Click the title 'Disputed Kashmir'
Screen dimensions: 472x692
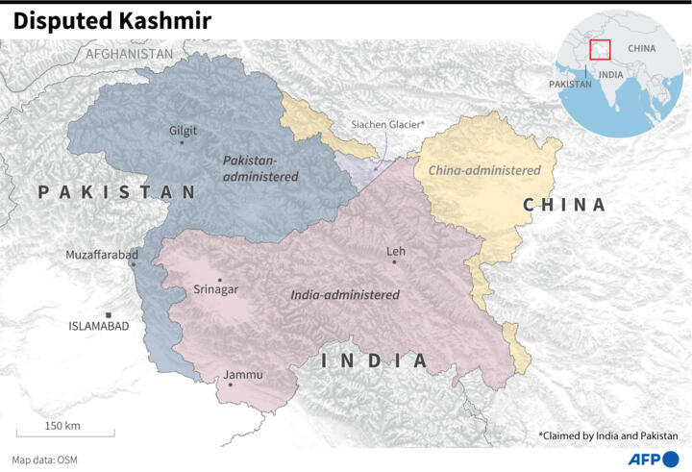pyautogui.click(x=113, y=19)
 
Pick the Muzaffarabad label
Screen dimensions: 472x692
pyautogui.click(x=101, y=254)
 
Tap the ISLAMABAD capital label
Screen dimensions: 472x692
pyautogui.click(x=99, y=326)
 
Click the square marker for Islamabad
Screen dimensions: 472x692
pyautogui.click(x=109, y=314)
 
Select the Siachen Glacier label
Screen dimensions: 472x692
pyautogui.click(x=387, y=125)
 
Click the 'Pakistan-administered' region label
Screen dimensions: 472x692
pyautogui.click(x=260, y=167)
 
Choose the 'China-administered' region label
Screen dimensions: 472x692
pyautogui.click(x=484, y=170)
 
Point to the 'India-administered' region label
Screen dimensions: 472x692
pyautogui.click(x=344, y=295)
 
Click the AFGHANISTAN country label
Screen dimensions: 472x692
pyautogui.click(x=130, y=54)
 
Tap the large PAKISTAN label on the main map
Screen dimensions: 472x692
pyautogui.click(x=117, y=192)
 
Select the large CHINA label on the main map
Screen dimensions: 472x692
pyautogui.click(x=564, y=205)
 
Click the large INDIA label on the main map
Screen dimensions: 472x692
pyautogui.click(x=373, y=360)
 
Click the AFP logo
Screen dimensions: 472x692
pyautogui.click(x=653, y=458)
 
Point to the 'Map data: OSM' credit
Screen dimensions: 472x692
pyautogui.click(x=45, y=460)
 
